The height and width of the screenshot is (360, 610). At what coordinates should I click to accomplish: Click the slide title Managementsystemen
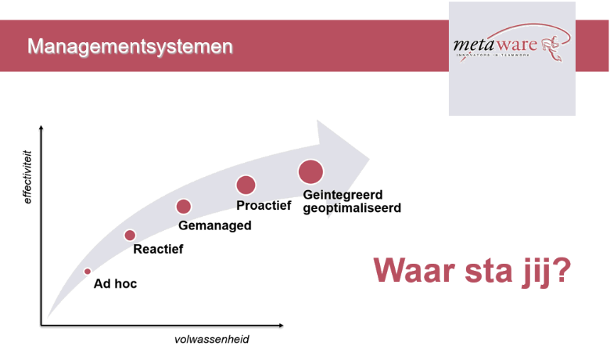pyautogui.click(x=130, y=47)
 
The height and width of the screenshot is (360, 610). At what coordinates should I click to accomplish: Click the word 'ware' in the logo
pyautogui.click(x=517, y=45)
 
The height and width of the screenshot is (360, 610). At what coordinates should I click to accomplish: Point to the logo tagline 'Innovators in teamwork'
pyautogui.click(x=493, y=55)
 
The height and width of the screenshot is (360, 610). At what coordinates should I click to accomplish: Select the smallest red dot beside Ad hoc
pyautogui.click(x=88, y=272)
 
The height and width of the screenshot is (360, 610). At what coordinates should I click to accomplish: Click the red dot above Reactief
pyautogui.click(x=130, y=235)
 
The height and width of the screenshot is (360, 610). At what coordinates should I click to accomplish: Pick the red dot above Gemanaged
pyautogui.click(x=184, y=207)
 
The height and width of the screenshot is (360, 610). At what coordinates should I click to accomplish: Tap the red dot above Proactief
pyautogui.click(x=246, y=185)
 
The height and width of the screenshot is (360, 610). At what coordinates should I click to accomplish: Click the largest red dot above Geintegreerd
pyautogui.click(x=310, y=171)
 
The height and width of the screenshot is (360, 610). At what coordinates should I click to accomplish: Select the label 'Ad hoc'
pyautogui.click(x=115, y=284)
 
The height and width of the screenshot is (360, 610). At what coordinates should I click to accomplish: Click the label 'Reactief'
pyautogui.click(x=158, y=249)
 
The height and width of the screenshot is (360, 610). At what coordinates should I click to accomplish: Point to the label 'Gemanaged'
pyautogui.click(x=215, y=225)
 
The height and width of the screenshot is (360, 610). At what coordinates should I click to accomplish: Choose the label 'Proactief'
pyautogui.click(x=264, y=206)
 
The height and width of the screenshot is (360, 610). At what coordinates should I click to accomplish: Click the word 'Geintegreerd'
pyautogui.click(x=343, y=195)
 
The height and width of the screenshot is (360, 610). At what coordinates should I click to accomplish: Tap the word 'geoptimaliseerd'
pyautogui.click(x=352, y=208)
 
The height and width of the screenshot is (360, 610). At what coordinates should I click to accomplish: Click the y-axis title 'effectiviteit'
pyautogui.click(x=27, y=177)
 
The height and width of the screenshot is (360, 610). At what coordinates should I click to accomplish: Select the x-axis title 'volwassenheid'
pyautogui.click(x=212, y=340)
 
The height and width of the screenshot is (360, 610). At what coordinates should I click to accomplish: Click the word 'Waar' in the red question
pyautogui.click(x=414, y=270)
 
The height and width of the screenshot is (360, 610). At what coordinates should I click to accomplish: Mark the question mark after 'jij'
pyautogui.click(x=560, y=270)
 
